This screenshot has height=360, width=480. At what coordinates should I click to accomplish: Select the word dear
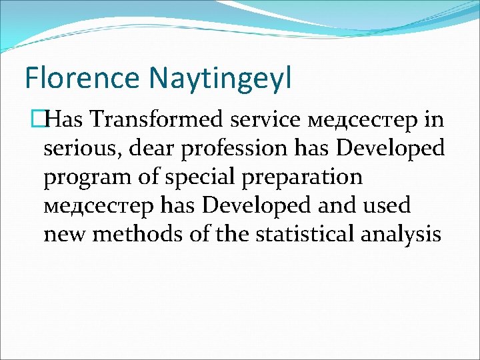pyautogui.click(x=152, y=148)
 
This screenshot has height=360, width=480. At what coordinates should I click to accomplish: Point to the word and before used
pyautogui.click(x=338, y=206)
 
